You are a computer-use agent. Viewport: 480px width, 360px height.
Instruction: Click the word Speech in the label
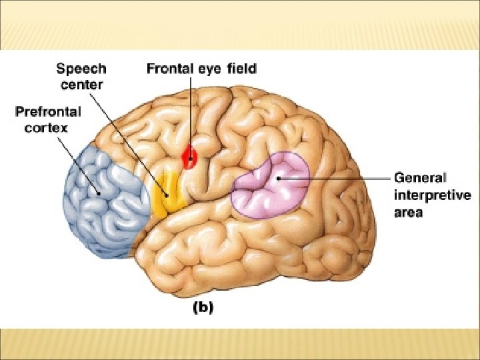point(81,69)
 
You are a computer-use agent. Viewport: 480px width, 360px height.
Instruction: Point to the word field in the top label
point(241,69)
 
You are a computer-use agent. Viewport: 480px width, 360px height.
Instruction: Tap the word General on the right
point(420,178)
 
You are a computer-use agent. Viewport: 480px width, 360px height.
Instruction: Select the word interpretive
point(432,195)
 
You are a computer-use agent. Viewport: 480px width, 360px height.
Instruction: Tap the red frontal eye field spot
point(191,157)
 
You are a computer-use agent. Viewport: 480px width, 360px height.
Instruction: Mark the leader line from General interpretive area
point(340,178)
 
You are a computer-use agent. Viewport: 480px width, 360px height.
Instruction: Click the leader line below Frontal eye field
point(191,113)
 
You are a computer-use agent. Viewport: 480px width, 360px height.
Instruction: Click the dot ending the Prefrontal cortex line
point(99,193)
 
